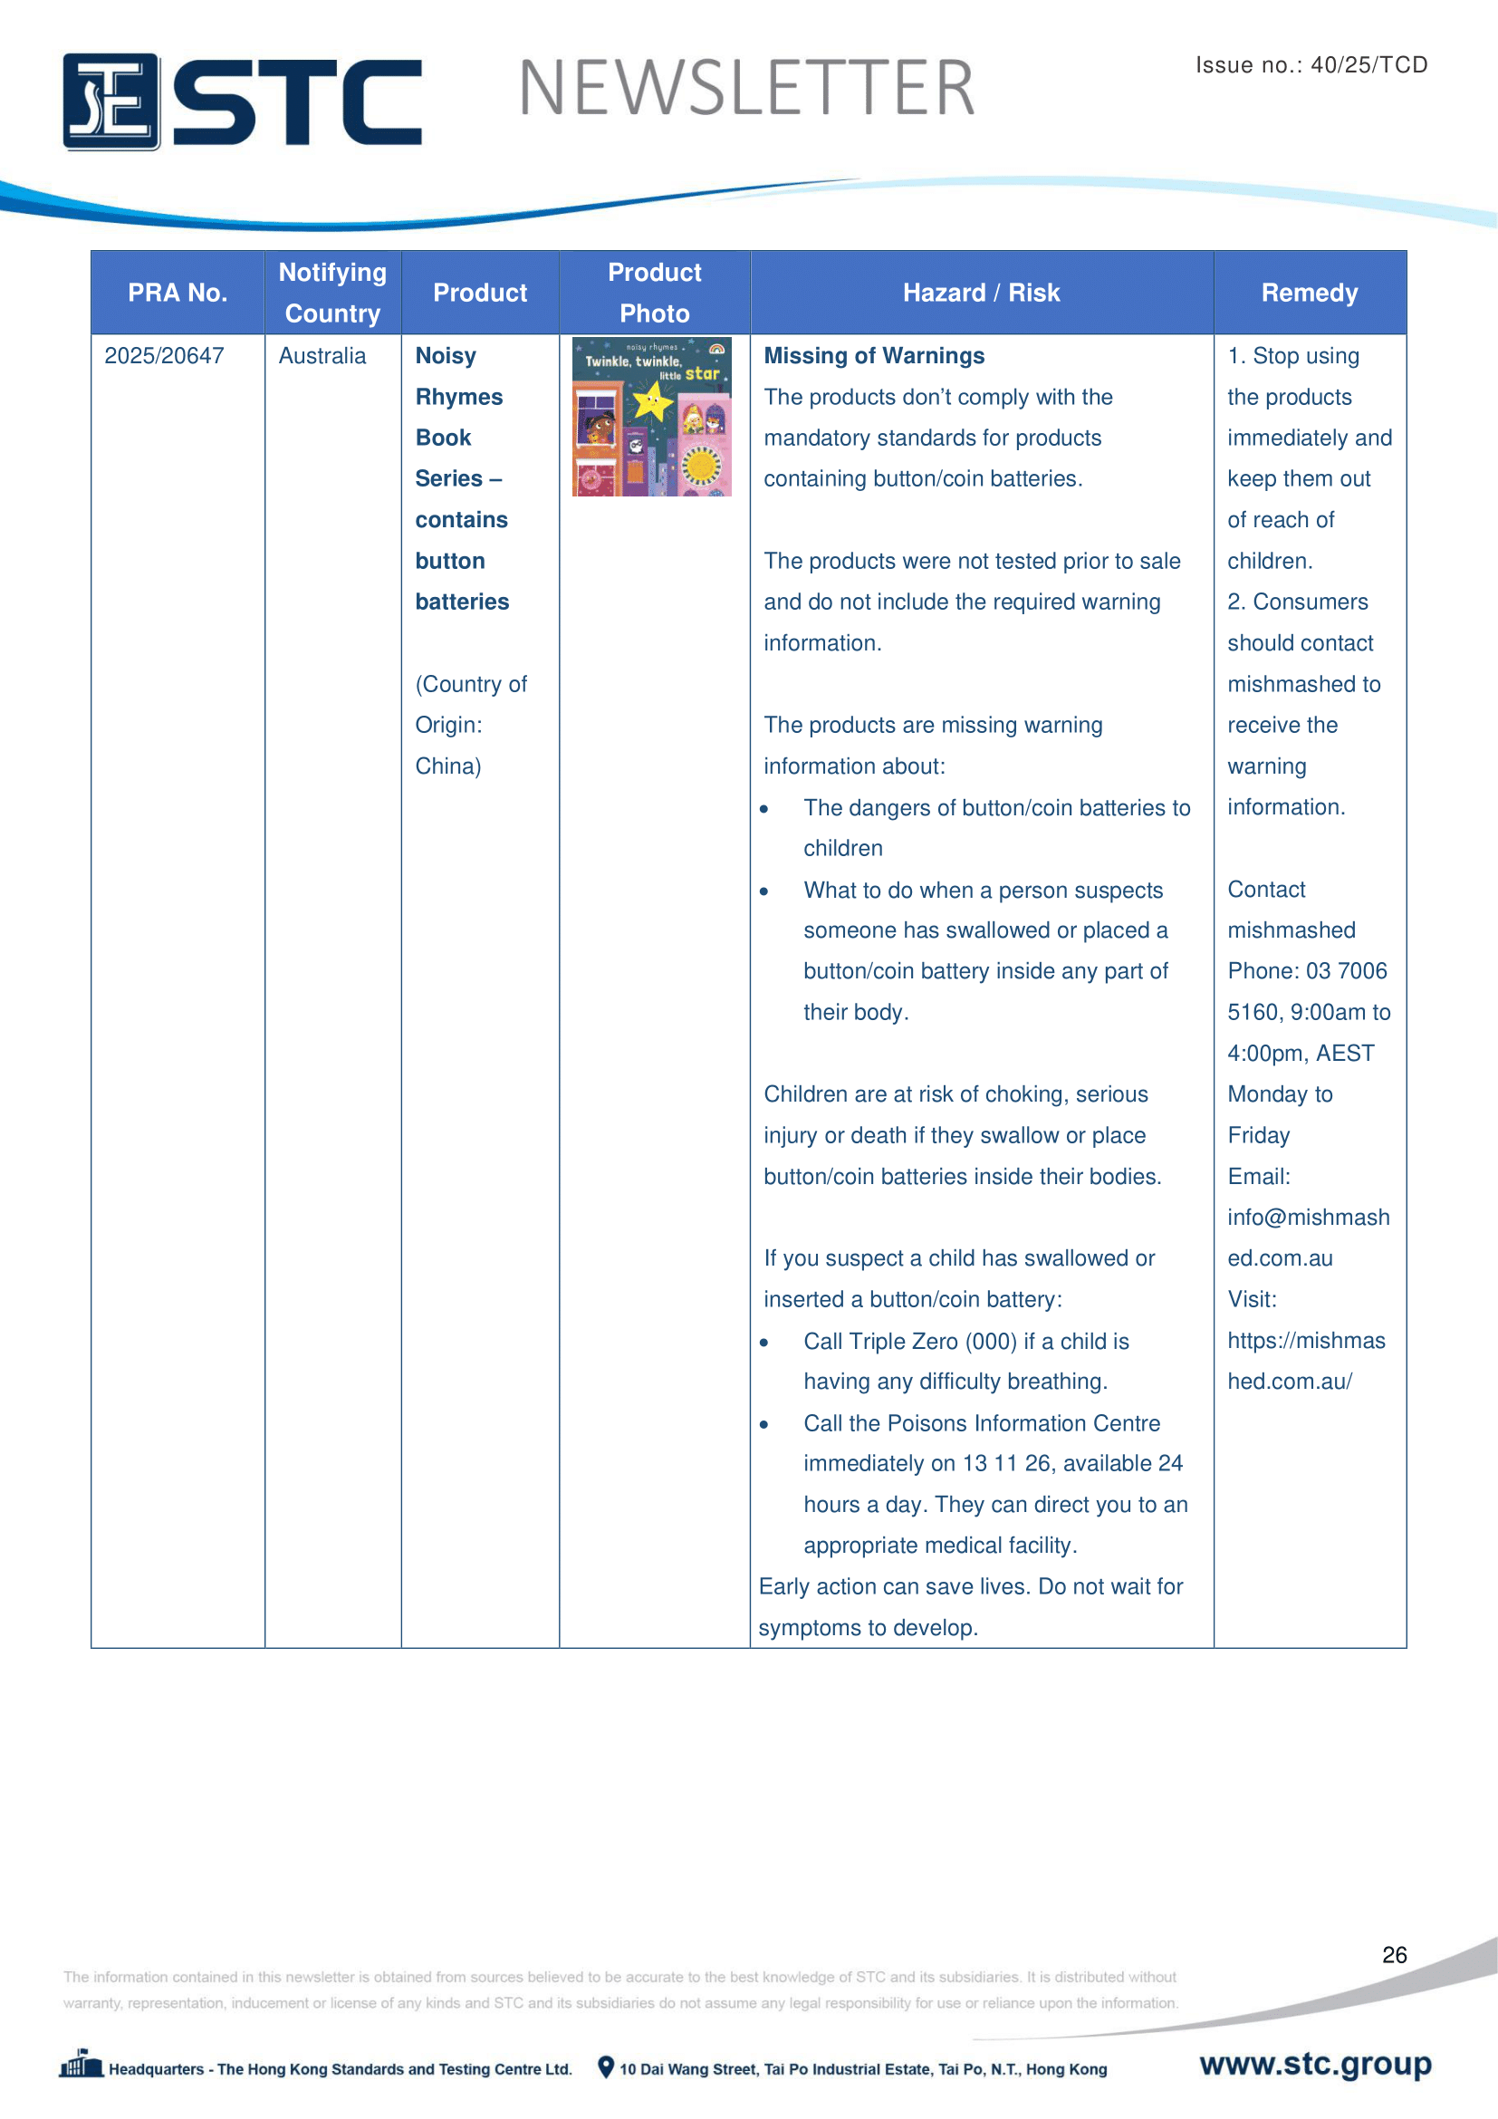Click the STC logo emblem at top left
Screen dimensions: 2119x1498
pos(110,101)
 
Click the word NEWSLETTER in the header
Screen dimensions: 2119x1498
pos(746,89)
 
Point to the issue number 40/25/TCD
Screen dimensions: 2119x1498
pos(1368,64)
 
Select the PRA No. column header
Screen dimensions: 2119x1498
pos(178,293)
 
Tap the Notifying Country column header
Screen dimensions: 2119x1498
pos(332,293)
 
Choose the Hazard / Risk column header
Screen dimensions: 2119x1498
pos(981,293)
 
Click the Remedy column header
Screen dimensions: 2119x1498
pos(1309,293)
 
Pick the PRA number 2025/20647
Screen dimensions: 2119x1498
pos(164,356)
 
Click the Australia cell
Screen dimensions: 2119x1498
pos(322,356)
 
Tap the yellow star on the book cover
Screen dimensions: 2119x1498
pos(652,401)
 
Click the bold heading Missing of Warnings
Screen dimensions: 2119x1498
pos(873,356)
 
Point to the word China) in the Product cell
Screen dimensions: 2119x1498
pos(448,766)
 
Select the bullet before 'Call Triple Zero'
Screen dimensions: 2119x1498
pos(763,1343)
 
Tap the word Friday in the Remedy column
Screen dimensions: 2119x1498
pos(1258,1135)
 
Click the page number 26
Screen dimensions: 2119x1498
pos(1394,1955)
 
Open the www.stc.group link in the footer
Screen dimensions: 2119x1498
pos(1315,2064)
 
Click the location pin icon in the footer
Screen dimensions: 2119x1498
pos(606,2067)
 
